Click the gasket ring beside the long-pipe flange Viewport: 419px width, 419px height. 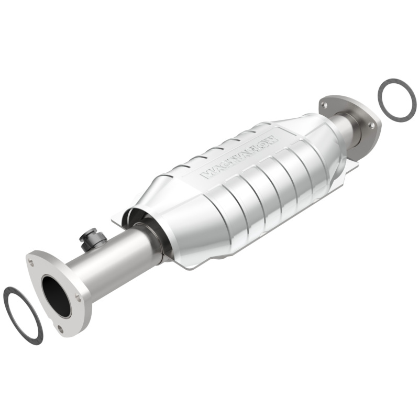pyautogui.click(x=12, y=314)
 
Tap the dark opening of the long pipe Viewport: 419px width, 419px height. pyautogui.click(x=56, y=296)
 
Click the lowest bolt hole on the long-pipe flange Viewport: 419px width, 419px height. pyautogui.click(x=60, y=328)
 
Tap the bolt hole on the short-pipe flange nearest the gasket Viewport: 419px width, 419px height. pyautogui.click(x=371, y=125)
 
